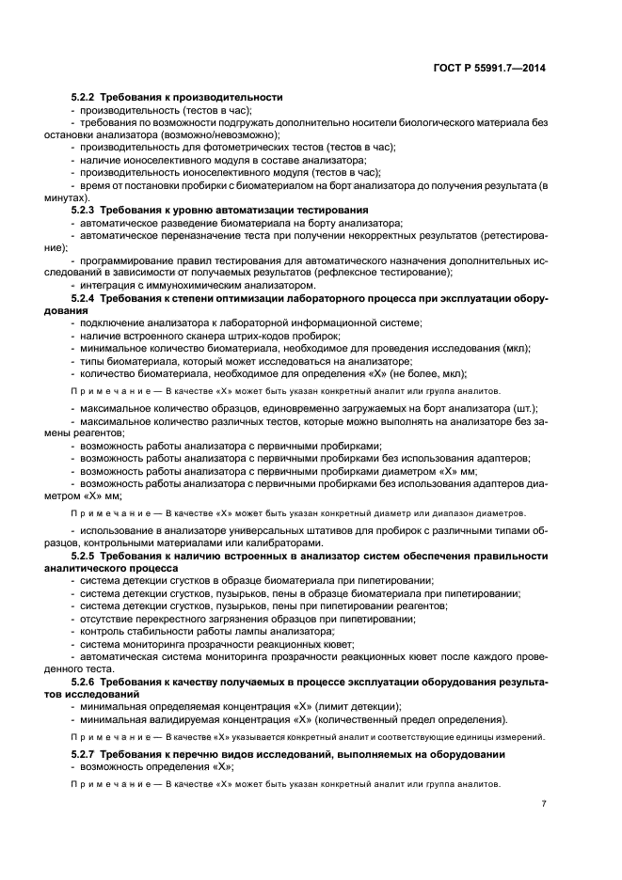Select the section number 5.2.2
click(x=86, y=98)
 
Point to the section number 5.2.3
click(x=86, y=210)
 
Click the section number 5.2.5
click(x=86, y=557)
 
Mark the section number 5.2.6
click(x=86, y=681)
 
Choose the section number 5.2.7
click(x=86, y=755)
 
